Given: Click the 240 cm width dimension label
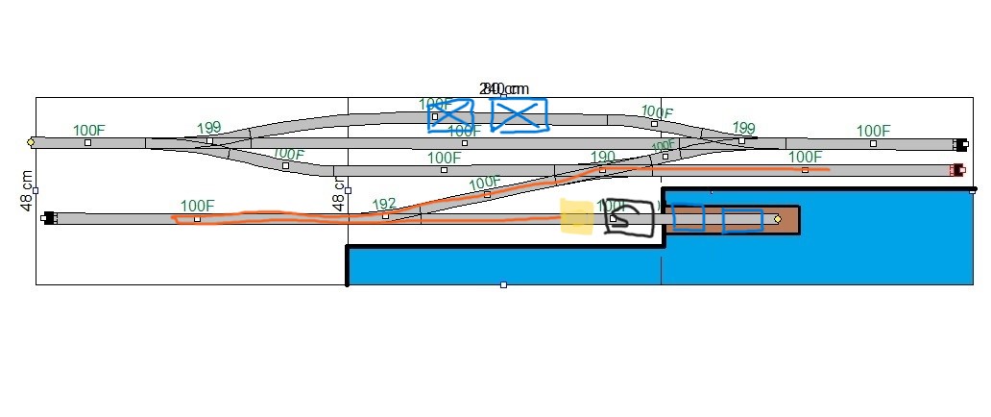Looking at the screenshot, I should [504, 88].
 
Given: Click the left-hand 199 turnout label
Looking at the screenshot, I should [208, 128].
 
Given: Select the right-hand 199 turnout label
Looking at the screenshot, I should [743, 128].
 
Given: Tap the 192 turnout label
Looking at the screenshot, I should [383, 204].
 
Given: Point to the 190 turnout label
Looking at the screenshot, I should [602, 157].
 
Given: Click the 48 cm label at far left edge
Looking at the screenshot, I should [28, 190].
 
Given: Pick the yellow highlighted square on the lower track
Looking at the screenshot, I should [576, 217].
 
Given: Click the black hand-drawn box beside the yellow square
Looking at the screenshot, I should [629, 219].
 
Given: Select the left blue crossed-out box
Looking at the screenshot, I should [451, 115].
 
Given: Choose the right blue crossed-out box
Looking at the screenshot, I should [519, 114].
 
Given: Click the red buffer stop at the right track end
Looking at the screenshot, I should [956, 170].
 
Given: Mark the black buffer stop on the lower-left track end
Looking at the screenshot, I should [49, 218].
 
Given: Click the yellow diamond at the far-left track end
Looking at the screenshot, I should [31, 142].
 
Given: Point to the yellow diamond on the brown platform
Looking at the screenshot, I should [777, 219].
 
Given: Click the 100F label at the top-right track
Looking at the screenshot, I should [873, 131].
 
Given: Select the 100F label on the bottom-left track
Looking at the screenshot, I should [197, 206].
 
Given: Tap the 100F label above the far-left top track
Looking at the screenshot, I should [89, 130].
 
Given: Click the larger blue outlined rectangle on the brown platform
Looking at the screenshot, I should [742, 221].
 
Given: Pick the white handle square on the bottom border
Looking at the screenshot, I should [503, 284].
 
